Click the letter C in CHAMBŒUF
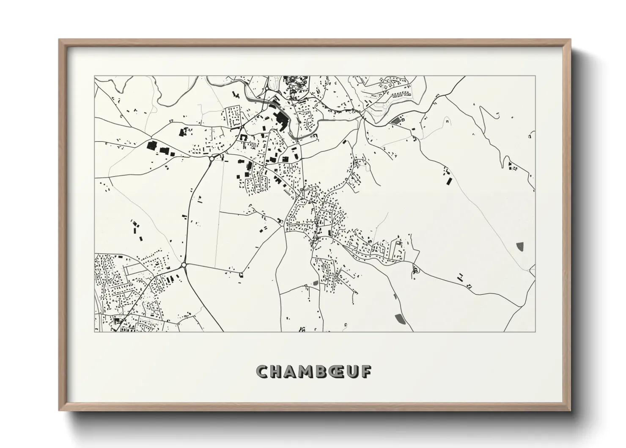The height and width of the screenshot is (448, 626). pyautogui.click(x=263, y=372)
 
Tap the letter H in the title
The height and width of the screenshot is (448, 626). pyautogui.click(x=277, y=372)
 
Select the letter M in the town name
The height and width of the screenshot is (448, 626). pyautogui.click(x=309, y=372)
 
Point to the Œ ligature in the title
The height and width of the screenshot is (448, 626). pyautogui.click(x=340, y=372)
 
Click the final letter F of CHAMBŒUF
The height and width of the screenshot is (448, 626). pyautogui.click(x=367, y=372)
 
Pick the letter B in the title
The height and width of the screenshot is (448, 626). pyautogui.click(x=325, y=372)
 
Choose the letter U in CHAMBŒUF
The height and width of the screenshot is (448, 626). pyautogui.click(x=354, y=372)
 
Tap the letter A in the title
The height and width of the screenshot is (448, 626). pyautogui.click(x=293, y=372)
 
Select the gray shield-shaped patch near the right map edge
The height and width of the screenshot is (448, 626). pyautogui.click(x=520, y=246)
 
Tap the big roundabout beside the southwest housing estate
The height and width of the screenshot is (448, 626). pyautogui.click(x=184, y=265)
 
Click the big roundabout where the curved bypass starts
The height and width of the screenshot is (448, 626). pyautogui.click(x=211, y=159)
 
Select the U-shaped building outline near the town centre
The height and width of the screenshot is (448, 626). pyautogui.click(x=244, y=138)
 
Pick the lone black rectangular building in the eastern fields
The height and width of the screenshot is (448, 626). pyautogui.click(x=449, y=181)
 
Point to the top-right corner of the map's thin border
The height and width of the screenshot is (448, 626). pyautogui.click(x=535, y=76)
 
